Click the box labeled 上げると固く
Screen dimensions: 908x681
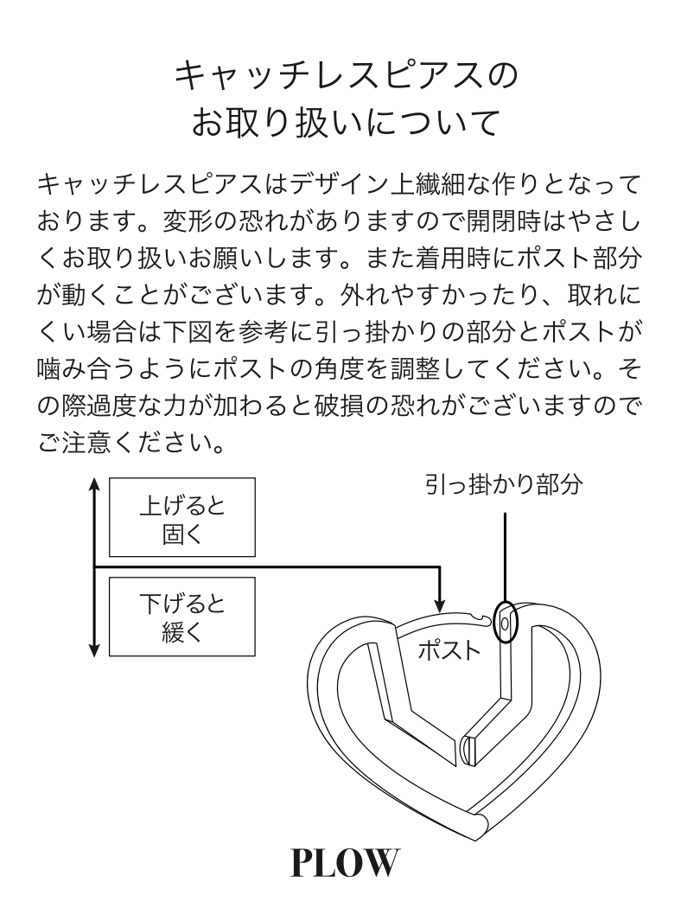[181, 516]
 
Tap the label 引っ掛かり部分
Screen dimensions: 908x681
[502, 484]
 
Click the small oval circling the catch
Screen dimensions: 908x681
[506, 621]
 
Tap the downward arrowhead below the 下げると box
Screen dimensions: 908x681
[93, 649]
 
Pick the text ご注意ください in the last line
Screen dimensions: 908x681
[121, 446]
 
